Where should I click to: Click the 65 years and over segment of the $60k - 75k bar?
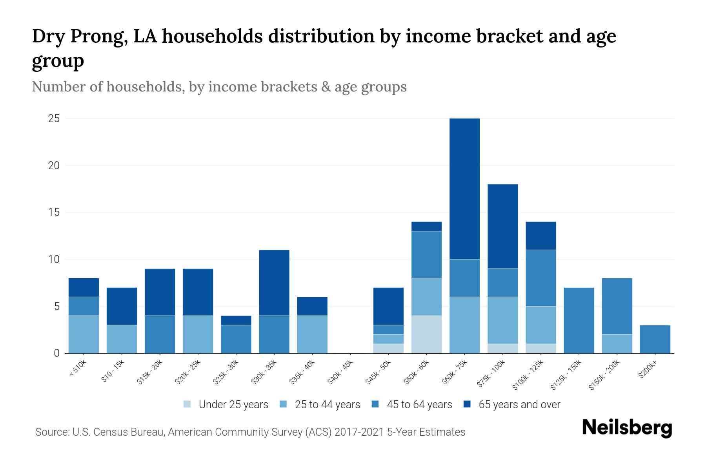(464, 188)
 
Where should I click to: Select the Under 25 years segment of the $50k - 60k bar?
(426, 334)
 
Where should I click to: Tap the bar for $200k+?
(655, 339)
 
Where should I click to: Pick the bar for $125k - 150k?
(579, 320)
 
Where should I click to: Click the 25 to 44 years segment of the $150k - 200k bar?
(617, 344)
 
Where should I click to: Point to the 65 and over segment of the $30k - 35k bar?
(274, 283)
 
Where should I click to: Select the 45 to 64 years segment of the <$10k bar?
(84, 306)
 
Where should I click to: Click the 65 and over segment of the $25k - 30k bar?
(236, 320)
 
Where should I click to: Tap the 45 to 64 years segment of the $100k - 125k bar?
(540, 278)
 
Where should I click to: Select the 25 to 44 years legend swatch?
(283, 404)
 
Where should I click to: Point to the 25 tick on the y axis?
(54, 119)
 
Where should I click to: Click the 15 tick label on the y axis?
(54, 212)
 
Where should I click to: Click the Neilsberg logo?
(627, 428)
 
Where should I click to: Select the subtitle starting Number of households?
(219, 87)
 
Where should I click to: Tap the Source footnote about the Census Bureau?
(250, 432)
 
